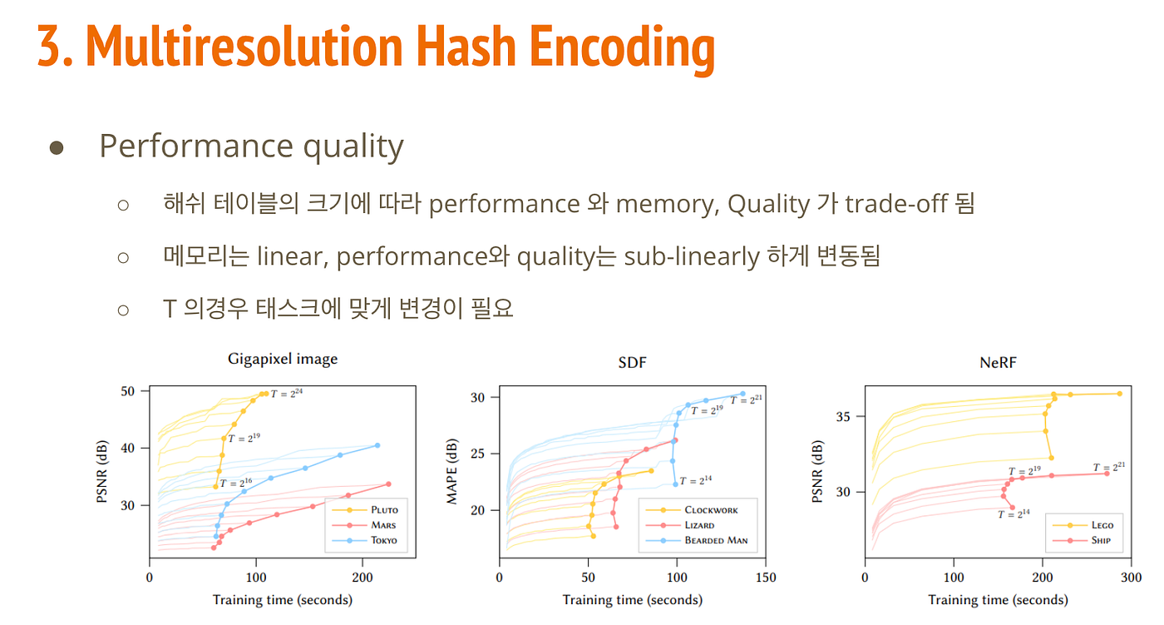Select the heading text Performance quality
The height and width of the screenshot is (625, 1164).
tap(251, 146)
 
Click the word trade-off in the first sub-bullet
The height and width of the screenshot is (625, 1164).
tap(897, 204)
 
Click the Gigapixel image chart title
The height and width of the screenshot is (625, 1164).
tap(283, 360)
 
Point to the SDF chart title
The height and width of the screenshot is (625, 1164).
tap(633, 362)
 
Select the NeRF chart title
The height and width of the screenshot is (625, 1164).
tap(999, 362)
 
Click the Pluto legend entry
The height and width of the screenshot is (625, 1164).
tap(383, 509)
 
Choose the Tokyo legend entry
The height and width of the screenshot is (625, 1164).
tap(383, 540)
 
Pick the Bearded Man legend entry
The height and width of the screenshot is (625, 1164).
tap(715, 540)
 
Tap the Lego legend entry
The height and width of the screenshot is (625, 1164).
tap(1099, 524)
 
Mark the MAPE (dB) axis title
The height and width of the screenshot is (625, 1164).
tap(453, 471)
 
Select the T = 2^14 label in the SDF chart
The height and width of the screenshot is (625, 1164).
tap(696, 480)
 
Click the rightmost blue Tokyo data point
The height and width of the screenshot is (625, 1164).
tap(377, 445)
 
